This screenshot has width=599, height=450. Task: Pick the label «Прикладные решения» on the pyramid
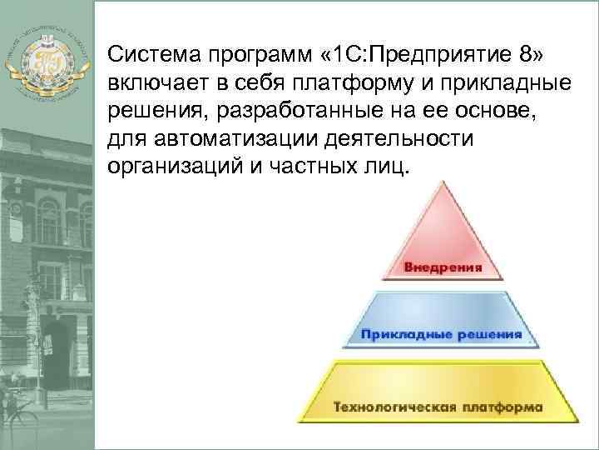click(x=441, y=335)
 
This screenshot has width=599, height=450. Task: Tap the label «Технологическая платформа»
click(x=438, y=407)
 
